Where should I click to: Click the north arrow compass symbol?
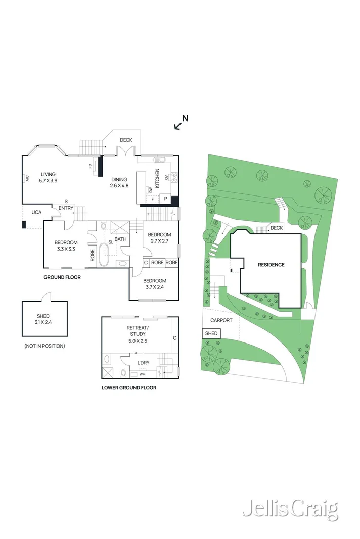point(181,122)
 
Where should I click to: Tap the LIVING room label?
point(49,177)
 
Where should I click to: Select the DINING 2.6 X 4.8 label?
point(119,182)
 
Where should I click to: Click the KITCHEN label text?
point(157,178)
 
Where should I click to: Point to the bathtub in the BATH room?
point(105,255)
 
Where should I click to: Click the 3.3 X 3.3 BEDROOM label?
point(66,246)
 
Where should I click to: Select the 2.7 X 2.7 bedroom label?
point(159,238)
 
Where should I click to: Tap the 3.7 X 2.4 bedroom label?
point(154,284)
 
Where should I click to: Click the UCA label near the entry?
point(36,212)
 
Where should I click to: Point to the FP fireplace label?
point(91,166)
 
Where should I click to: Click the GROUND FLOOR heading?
point(62,277)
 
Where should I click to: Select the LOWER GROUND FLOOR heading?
point(129,388)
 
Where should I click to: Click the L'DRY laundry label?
point(144,362)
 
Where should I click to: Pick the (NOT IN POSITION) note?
point(44,346)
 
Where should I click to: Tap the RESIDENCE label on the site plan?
point(271,265)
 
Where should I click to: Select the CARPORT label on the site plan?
point(221,320)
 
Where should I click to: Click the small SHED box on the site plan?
point(211,333)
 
